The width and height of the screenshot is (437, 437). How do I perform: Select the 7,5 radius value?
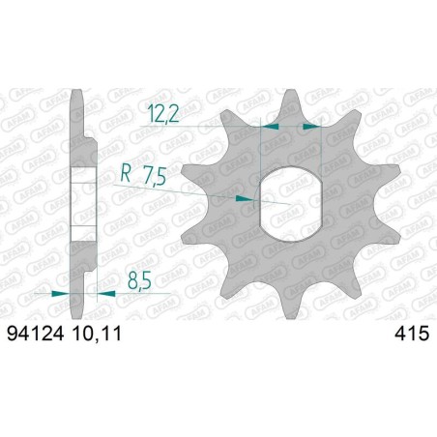point(154,177)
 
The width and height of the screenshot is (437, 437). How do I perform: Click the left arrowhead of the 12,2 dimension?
point(270,126)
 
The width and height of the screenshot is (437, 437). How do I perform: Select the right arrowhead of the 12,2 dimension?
point(310,126)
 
